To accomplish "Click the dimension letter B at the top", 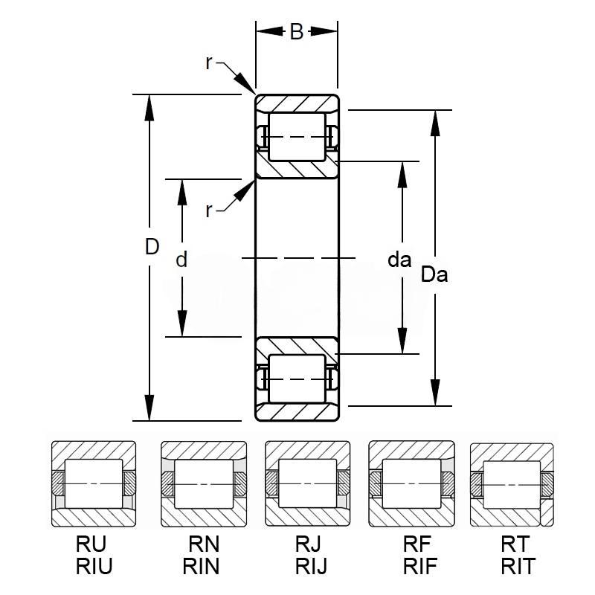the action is click(296, 31).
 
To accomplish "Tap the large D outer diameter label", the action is click(152, 247).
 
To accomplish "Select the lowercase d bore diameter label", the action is click(181, 259).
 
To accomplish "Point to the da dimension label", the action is click(399, 260).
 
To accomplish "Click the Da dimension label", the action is click(434, 274).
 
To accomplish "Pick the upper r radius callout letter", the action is click(208, 63).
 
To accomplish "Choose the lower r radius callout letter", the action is click(208, 210).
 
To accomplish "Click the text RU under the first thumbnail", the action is click(91, 544).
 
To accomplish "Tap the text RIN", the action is click(201, 566).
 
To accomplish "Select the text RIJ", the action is click(311, 566).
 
